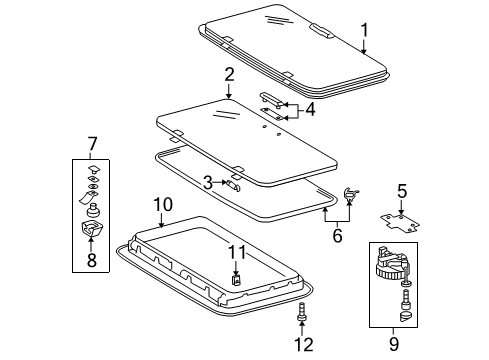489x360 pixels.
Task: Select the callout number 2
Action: (229, 75)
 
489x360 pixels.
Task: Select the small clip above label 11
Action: (235, 279)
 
